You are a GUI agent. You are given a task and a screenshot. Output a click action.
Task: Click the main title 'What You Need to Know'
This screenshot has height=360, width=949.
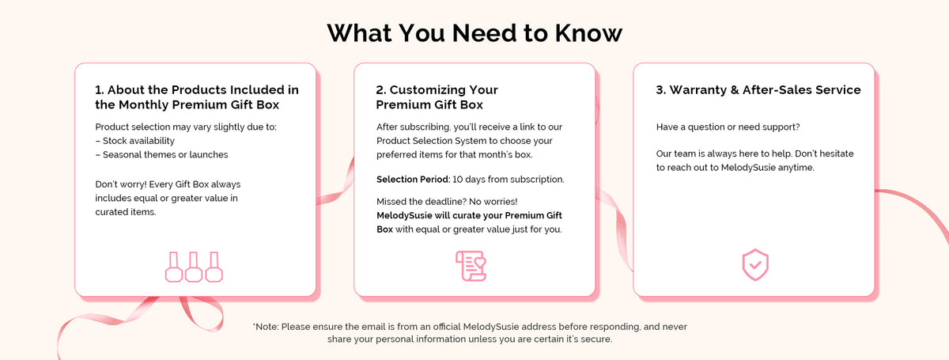[x=475, y=33]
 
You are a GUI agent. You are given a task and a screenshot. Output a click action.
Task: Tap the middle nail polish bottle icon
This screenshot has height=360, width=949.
[x=194, y=267]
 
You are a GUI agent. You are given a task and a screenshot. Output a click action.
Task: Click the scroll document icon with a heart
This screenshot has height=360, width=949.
[x=471, y=266]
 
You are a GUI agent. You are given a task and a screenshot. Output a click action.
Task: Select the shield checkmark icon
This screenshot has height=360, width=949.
[x=755, y=265]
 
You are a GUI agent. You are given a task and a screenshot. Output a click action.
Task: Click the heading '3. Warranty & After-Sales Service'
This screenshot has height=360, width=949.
[x=758, y=90]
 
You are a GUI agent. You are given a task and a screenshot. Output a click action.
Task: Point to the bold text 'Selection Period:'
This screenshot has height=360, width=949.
[x=413, y=180]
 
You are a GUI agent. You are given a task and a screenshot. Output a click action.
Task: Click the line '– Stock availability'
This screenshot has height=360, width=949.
[x=134, y=141]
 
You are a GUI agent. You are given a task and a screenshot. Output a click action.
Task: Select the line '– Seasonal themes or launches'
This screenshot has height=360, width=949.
[x=161, y=155]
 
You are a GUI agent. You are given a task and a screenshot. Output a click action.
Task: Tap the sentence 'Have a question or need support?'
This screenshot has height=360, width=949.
[x=728, y=127]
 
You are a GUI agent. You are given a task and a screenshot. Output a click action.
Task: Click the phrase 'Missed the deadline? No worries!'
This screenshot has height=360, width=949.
[x=447, y=202]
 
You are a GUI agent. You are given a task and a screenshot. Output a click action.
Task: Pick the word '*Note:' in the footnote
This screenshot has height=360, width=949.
[x=266, y=327]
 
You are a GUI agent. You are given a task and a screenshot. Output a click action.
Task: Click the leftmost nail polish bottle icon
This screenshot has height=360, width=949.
[x=174, y=267]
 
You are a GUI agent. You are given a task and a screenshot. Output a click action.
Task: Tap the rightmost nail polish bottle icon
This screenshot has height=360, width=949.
[x=214, y=267]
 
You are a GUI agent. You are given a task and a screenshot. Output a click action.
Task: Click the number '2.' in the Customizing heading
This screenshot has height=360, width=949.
[x=381, y=90]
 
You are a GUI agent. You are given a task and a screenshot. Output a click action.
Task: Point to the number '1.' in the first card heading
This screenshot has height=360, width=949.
[x=100, y=90]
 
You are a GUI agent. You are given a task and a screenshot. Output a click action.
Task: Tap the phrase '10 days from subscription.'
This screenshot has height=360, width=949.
[x=509, y=180]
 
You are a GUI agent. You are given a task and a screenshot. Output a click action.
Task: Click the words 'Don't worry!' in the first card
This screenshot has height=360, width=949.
[x=121, y=184]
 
